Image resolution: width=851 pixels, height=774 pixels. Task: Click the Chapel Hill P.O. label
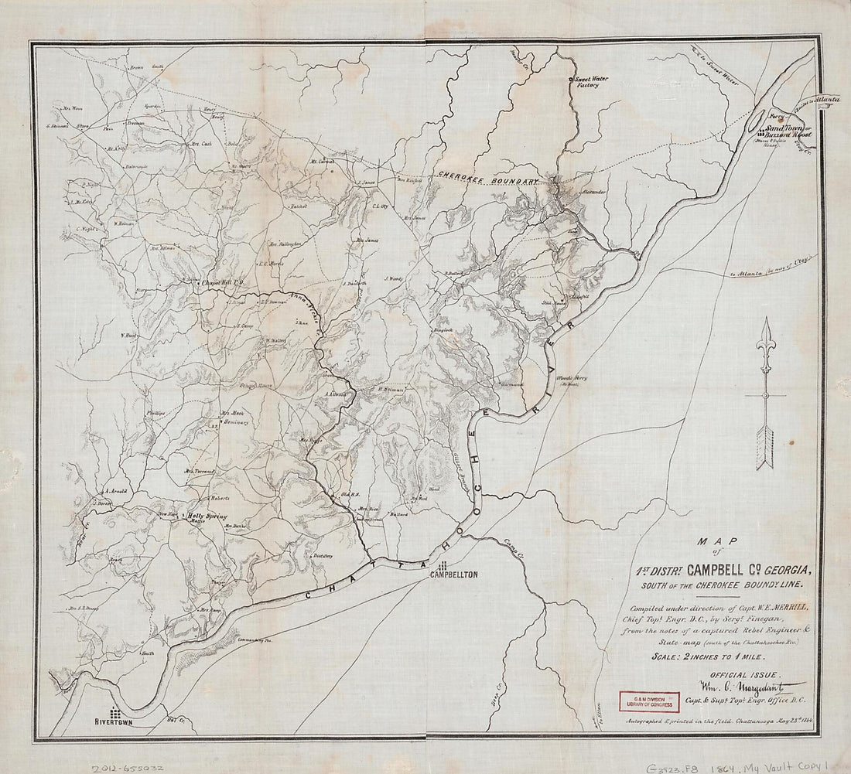click(x=222, y=282)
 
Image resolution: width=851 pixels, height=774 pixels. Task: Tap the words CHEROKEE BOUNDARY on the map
click(x=487, y=178)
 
